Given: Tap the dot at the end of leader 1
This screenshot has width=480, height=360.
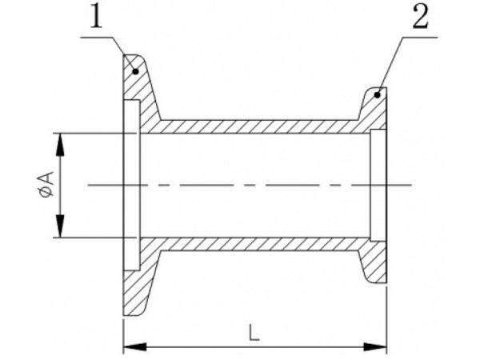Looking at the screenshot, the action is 136,72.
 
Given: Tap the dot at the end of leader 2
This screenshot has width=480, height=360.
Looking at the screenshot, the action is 378,95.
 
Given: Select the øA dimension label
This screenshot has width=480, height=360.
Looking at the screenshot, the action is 46,184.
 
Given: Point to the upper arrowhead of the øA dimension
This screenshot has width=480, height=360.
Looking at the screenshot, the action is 61,144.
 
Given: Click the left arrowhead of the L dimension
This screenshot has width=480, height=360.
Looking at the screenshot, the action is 134,347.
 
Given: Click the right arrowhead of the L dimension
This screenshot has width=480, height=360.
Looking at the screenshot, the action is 375,347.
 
